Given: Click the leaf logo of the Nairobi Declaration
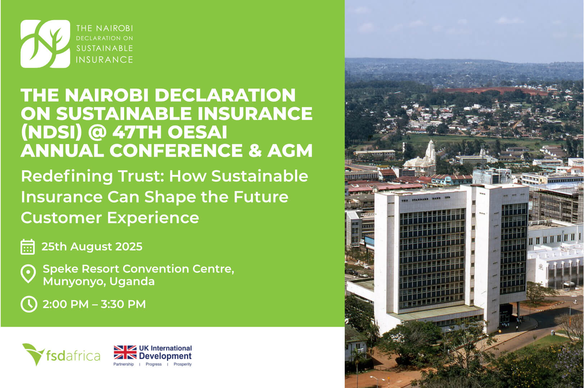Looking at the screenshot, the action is point(45,44).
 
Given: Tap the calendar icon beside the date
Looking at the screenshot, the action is point(28,247).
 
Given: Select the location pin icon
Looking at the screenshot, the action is point(28,274).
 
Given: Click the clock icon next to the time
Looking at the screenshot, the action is point(29,304).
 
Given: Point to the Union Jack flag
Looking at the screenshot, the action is point(125,352).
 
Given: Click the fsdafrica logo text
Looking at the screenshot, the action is point(73,355).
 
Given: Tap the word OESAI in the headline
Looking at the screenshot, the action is point(197,132).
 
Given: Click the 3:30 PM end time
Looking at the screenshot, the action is point(123,304).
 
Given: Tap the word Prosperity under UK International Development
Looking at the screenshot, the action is point(182,364).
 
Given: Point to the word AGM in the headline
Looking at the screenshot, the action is point(290,151).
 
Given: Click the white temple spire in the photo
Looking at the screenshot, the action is point(430,152).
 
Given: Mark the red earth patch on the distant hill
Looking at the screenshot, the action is point(490,91).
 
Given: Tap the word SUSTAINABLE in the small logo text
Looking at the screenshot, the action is point(104,48).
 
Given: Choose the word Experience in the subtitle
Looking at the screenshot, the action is point(153,218).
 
